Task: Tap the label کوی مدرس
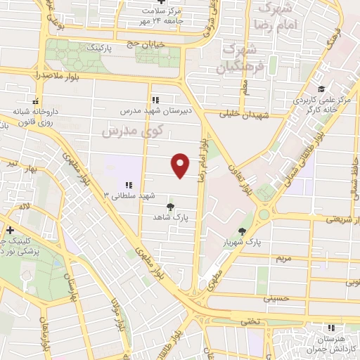132,131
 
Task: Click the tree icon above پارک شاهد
169,207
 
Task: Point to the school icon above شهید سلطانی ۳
129,184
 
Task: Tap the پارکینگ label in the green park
99,51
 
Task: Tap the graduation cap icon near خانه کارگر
321,89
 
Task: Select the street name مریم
283,259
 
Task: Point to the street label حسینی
275,298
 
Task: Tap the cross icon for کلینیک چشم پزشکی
10,231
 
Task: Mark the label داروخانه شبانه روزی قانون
35,117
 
